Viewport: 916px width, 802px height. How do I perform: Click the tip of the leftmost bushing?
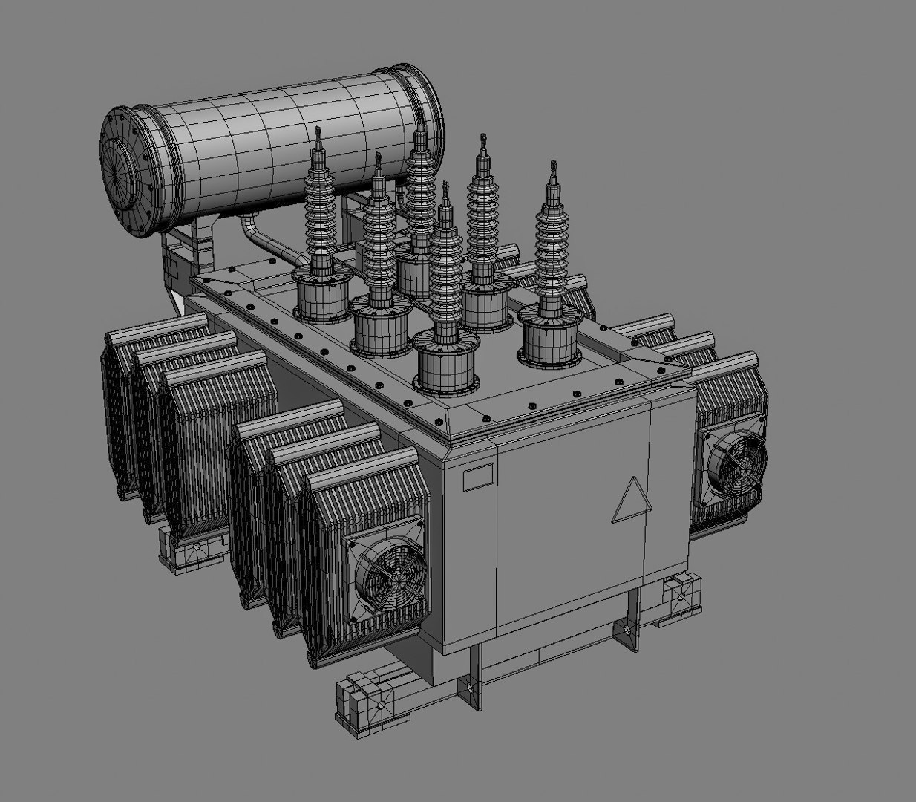coord(318,134)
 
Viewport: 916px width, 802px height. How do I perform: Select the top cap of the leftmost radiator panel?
coord(156,327)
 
